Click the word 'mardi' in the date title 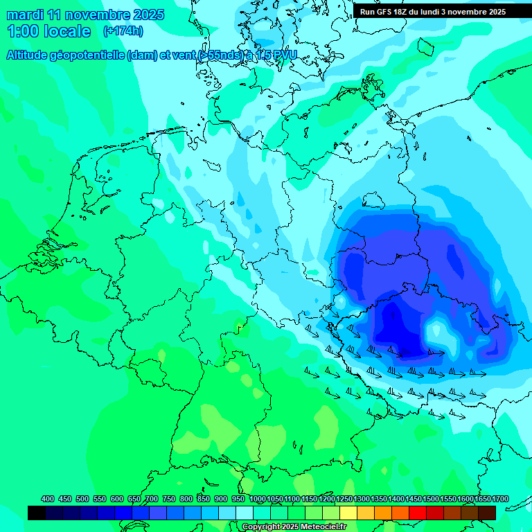(25, 15)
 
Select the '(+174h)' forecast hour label (123, 31)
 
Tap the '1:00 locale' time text (48, 31)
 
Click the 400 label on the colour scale (48, 499)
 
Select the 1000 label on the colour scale (258, 499)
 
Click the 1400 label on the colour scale (396, 499)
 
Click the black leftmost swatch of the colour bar (37, 513)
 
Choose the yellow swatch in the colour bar (348, 513)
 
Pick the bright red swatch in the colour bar (418, 513)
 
